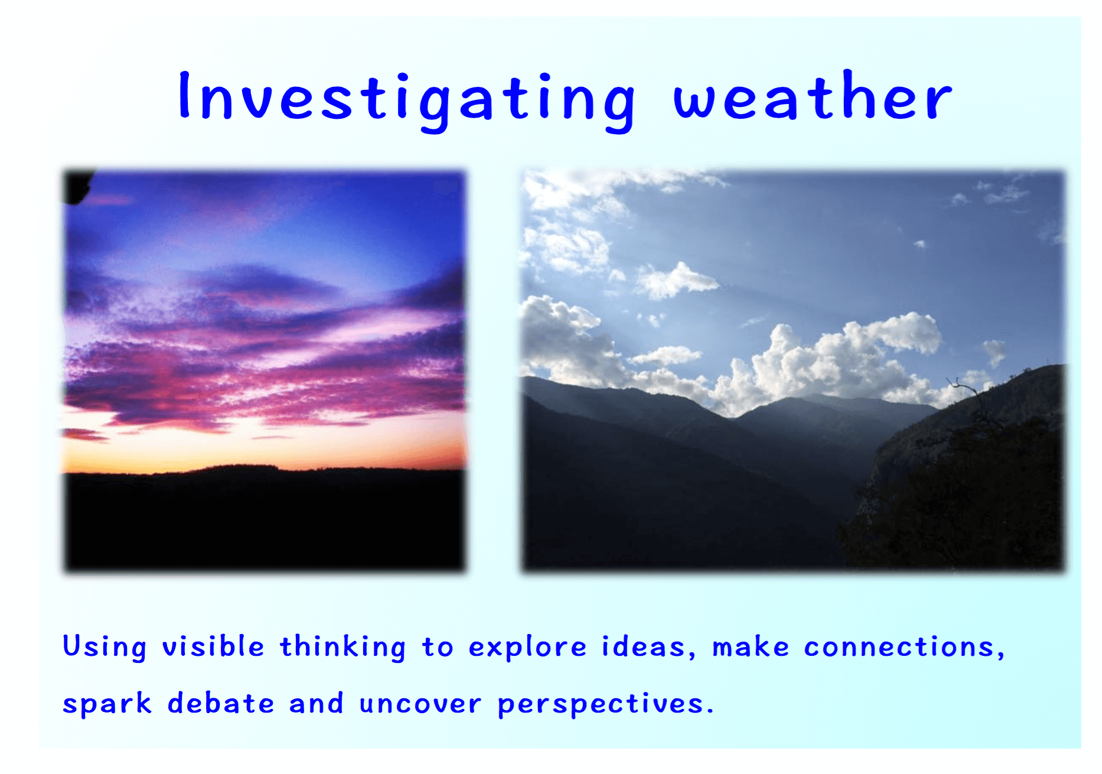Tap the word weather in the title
813,95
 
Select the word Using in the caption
105,647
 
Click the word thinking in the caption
343,647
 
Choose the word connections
904,647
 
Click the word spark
107,704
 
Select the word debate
221,703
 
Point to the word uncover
420,705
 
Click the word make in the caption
751,646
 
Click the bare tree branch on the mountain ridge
969,396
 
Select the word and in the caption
316,703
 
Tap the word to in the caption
437,648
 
